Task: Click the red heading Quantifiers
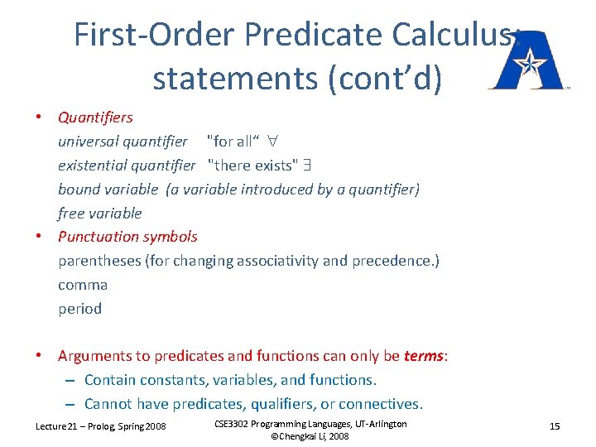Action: tap(95, 117)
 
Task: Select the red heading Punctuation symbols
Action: tap(127, 237)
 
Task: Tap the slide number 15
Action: tap(555, 425)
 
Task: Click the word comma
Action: tap(83, 285)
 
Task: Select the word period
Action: tap(80, 309)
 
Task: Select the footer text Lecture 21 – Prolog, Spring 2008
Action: tap(100, 425)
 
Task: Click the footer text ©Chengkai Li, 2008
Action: tap(310, 436)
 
